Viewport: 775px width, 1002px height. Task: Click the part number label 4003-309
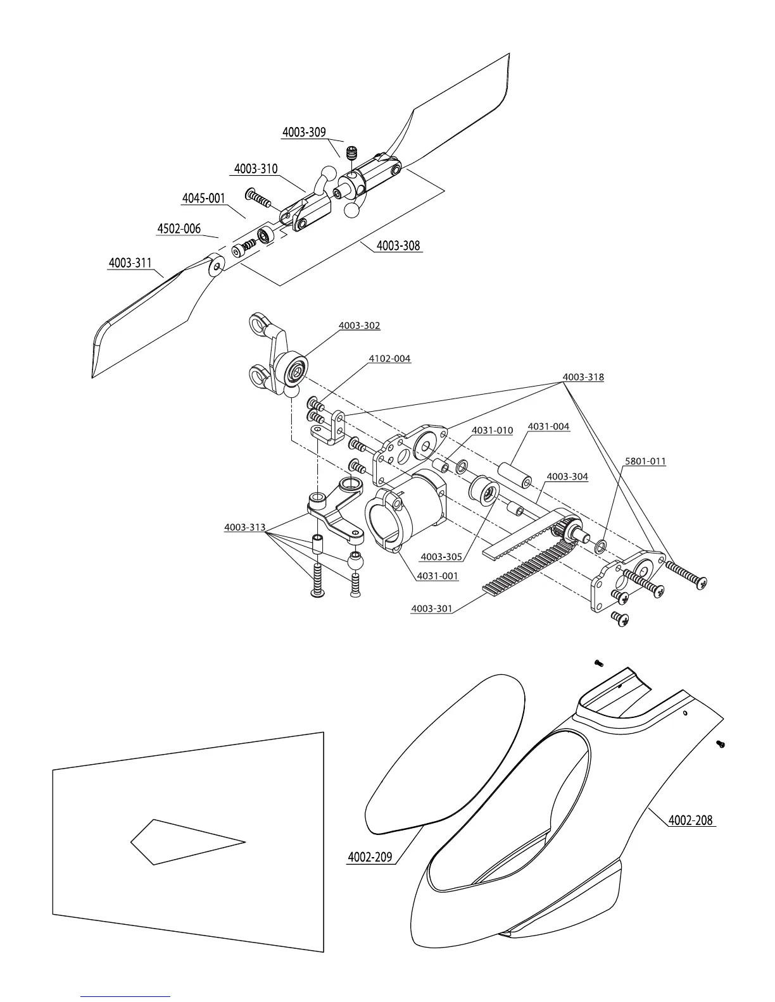point(304,132)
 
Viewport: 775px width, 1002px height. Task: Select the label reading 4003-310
point(256,169)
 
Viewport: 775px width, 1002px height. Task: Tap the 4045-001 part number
point(204,199)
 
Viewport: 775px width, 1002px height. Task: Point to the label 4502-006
point(179,229)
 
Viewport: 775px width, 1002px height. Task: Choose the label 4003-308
point(398,245)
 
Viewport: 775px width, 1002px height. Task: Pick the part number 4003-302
point(360,326)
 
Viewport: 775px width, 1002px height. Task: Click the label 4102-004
point(389,359)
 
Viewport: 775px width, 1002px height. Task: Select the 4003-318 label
point(583,377)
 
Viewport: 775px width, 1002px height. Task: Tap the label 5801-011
point(645,461)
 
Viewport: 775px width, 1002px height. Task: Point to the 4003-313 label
point(245,528)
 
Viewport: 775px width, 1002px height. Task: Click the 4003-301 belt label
point(432,609)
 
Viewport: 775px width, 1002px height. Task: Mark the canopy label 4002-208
point(691,820)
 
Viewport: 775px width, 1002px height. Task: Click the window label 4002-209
point(370,857)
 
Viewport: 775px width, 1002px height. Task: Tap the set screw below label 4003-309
point(353,152)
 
